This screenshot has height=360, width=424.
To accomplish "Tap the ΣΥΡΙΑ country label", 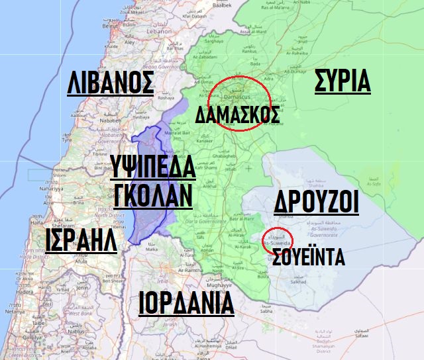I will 341,81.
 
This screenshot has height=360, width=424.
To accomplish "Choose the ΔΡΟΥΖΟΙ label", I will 316,202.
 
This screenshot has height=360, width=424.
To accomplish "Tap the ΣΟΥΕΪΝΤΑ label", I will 308,256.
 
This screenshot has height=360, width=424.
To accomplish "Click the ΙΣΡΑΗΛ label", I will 81,242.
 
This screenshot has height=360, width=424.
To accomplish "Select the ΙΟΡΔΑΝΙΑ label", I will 186,303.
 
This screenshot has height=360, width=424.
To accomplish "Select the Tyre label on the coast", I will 67,140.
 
